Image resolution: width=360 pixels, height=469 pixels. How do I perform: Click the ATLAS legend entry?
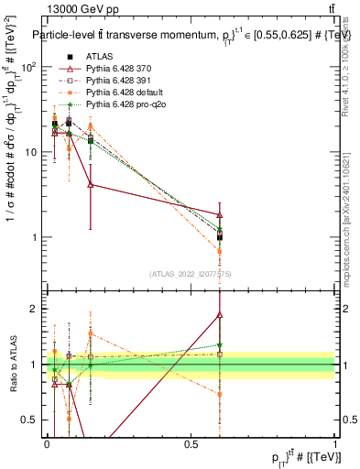click(x=98, y=58)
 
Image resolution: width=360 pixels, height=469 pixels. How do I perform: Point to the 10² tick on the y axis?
click(x=31, y=67)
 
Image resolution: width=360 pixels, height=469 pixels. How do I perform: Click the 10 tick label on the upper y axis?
click(x=33, y=152)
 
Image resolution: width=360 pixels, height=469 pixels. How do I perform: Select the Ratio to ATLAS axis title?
click(x=12, y=365)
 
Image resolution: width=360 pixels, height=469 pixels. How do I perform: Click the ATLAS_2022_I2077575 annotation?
click(x=191, y=274)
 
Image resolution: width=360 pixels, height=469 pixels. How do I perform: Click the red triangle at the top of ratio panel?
click(x=220, y=314)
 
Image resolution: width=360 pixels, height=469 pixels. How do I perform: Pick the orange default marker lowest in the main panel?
click(x=220, y=250)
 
